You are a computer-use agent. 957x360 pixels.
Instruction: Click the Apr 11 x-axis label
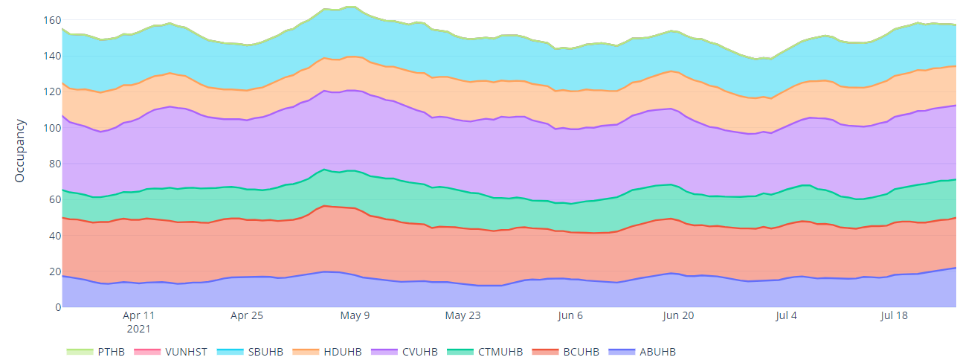pos(139,315)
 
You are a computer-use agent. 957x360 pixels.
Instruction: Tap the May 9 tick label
pos(355,315)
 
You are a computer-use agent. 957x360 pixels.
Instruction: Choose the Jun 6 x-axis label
pos(570,315)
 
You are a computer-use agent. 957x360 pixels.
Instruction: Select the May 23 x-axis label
pos(463,315)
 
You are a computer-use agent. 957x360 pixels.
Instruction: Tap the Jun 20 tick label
pos(678,315)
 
